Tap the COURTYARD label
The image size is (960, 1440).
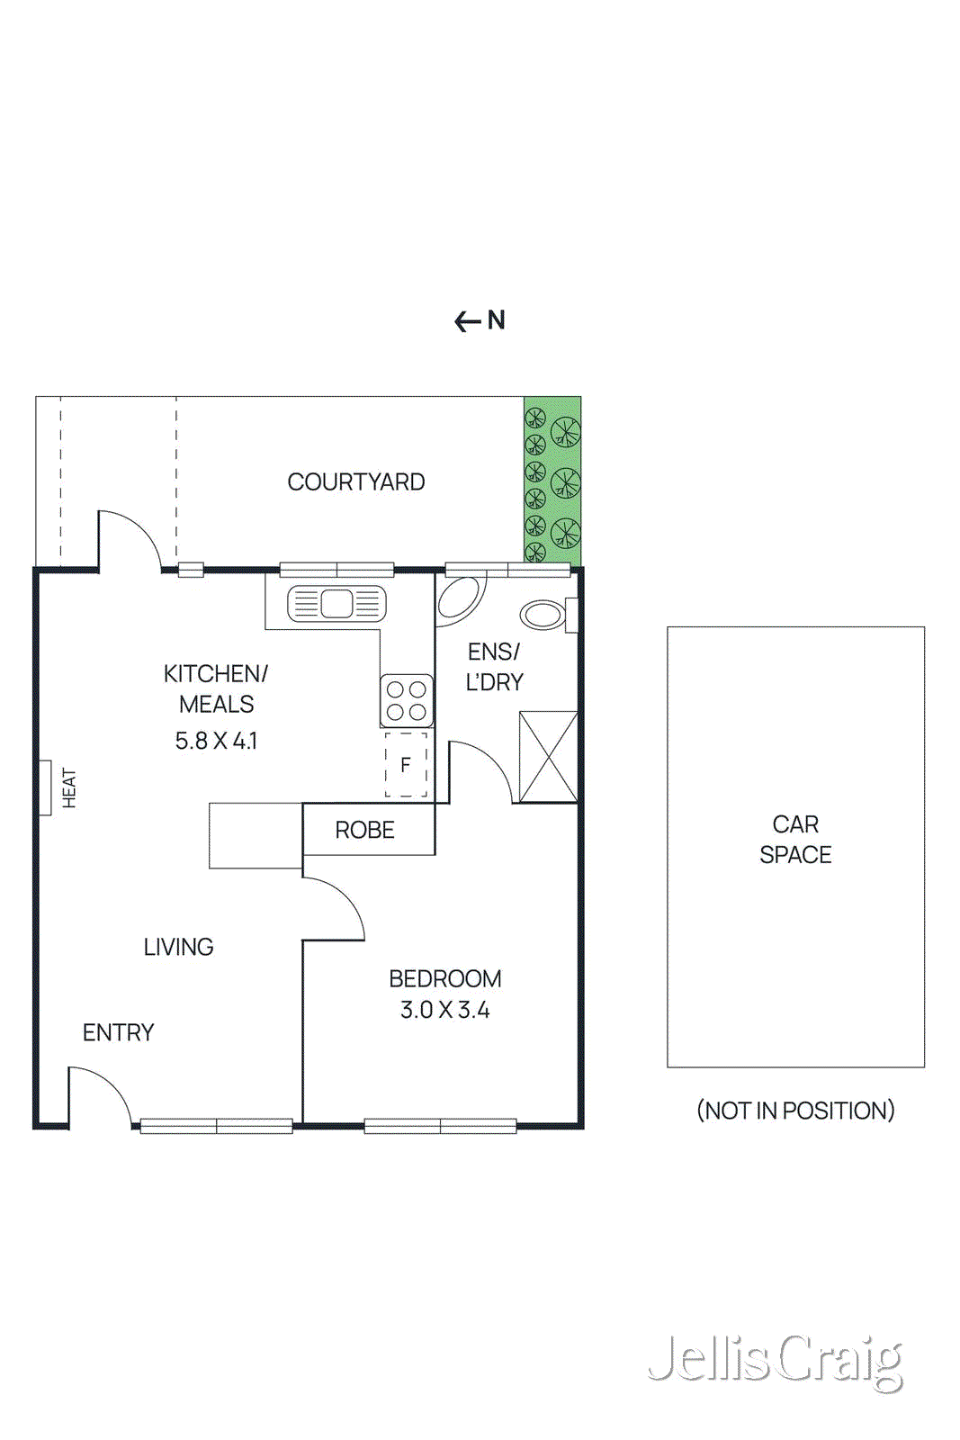tap(355, 482)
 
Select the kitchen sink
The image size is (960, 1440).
tap(336, 603)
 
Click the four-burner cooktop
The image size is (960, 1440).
tap(407, 700)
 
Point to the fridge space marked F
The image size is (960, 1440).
tap(406, 765)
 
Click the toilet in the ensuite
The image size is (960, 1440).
tap(543, 615)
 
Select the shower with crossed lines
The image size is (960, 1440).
tap(548, 757)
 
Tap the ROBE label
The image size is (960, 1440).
tap(364, 830)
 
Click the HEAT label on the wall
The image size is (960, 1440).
tap(69, 787)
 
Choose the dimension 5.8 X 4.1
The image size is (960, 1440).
tap(216, 741)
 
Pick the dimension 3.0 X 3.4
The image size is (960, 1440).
tap(444, 1010)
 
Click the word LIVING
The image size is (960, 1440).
tap(178, 947)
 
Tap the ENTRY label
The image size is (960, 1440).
tap(118, 1032)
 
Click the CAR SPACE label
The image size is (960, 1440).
tap(794, 839)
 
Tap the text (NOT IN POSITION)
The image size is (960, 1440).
tap(795, 1111)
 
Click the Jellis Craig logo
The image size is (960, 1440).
tap(776, 1360)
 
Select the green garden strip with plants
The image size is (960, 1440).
tap(552, 481)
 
